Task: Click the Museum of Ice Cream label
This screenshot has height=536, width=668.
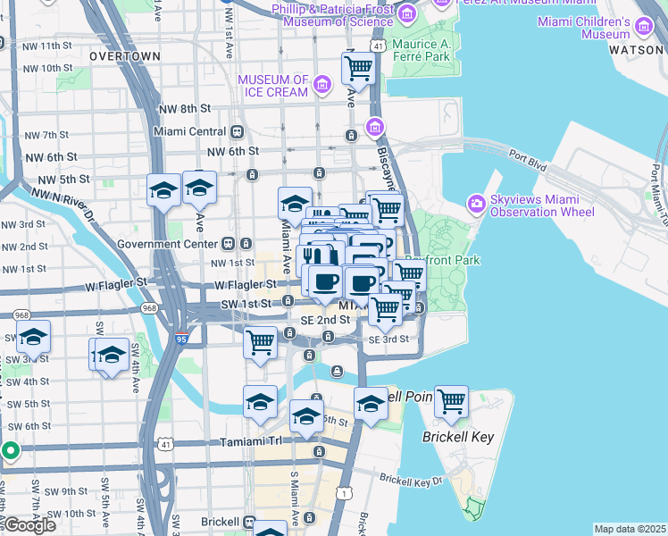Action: (x=272, y=86)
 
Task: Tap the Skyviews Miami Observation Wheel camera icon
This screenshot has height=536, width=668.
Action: (x=475, y=205)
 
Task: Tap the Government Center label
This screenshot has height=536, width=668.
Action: (x=167, y=243)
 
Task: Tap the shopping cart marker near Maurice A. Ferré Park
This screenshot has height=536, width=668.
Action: (x=358, y=67)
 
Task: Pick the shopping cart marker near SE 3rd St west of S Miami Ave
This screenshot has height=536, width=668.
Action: (x=259, y=341)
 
